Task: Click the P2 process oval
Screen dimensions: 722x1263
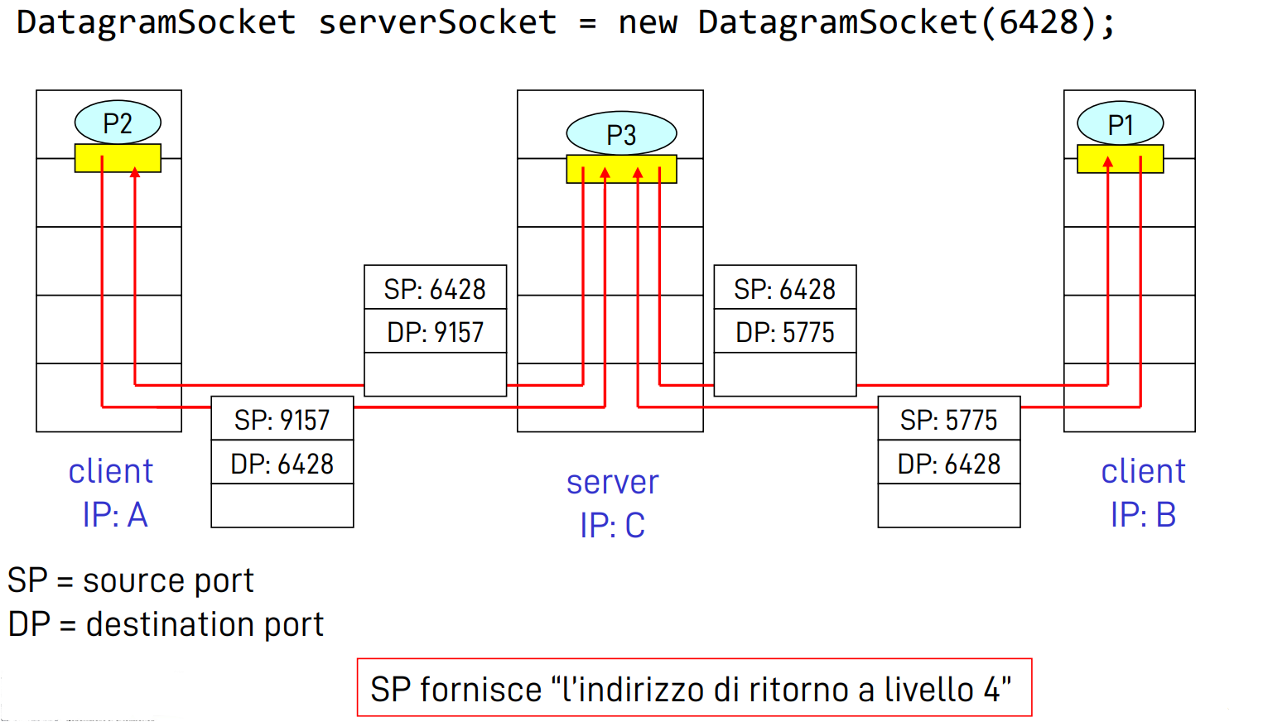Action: [118, 123]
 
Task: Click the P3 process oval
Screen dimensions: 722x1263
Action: [621, 134]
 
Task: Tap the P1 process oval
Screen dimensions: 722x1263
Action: [1120, 125]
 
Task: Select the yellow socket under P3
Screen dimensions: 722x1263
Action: [621, 169]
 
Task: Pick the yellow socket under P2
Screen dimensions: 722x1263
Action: [118, 158]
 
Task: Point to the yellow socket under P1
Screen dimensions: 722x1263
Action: [1120, 159]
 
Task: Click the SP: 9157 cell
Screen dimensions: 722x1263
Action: [282, 420]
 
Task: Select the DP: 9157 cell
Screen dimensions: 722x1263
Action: [435, 332]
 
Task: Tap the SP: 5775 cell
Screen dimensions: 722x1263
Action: [948, 420]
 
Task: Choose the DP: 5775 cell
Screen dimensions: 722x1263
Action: [784, 332]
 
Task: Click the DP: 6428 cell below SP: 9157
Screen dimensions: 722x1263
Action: [282, 464]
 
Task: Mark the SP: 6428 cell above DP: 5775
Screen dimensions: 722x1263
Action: [784, 289]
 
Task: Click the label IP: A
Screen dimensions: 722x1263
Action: [114, 515]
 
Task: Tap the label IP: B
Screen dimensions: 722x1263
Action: [1143, 515]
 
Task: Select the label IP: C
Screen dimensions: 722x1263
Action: [612, 526]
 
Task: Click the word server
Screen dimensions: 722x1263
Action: [612, 482]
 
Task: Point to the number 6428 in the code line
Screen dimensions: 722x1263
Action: [1039, 22]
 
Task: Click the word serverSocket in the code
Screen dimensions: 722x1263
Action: [437, 22]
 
